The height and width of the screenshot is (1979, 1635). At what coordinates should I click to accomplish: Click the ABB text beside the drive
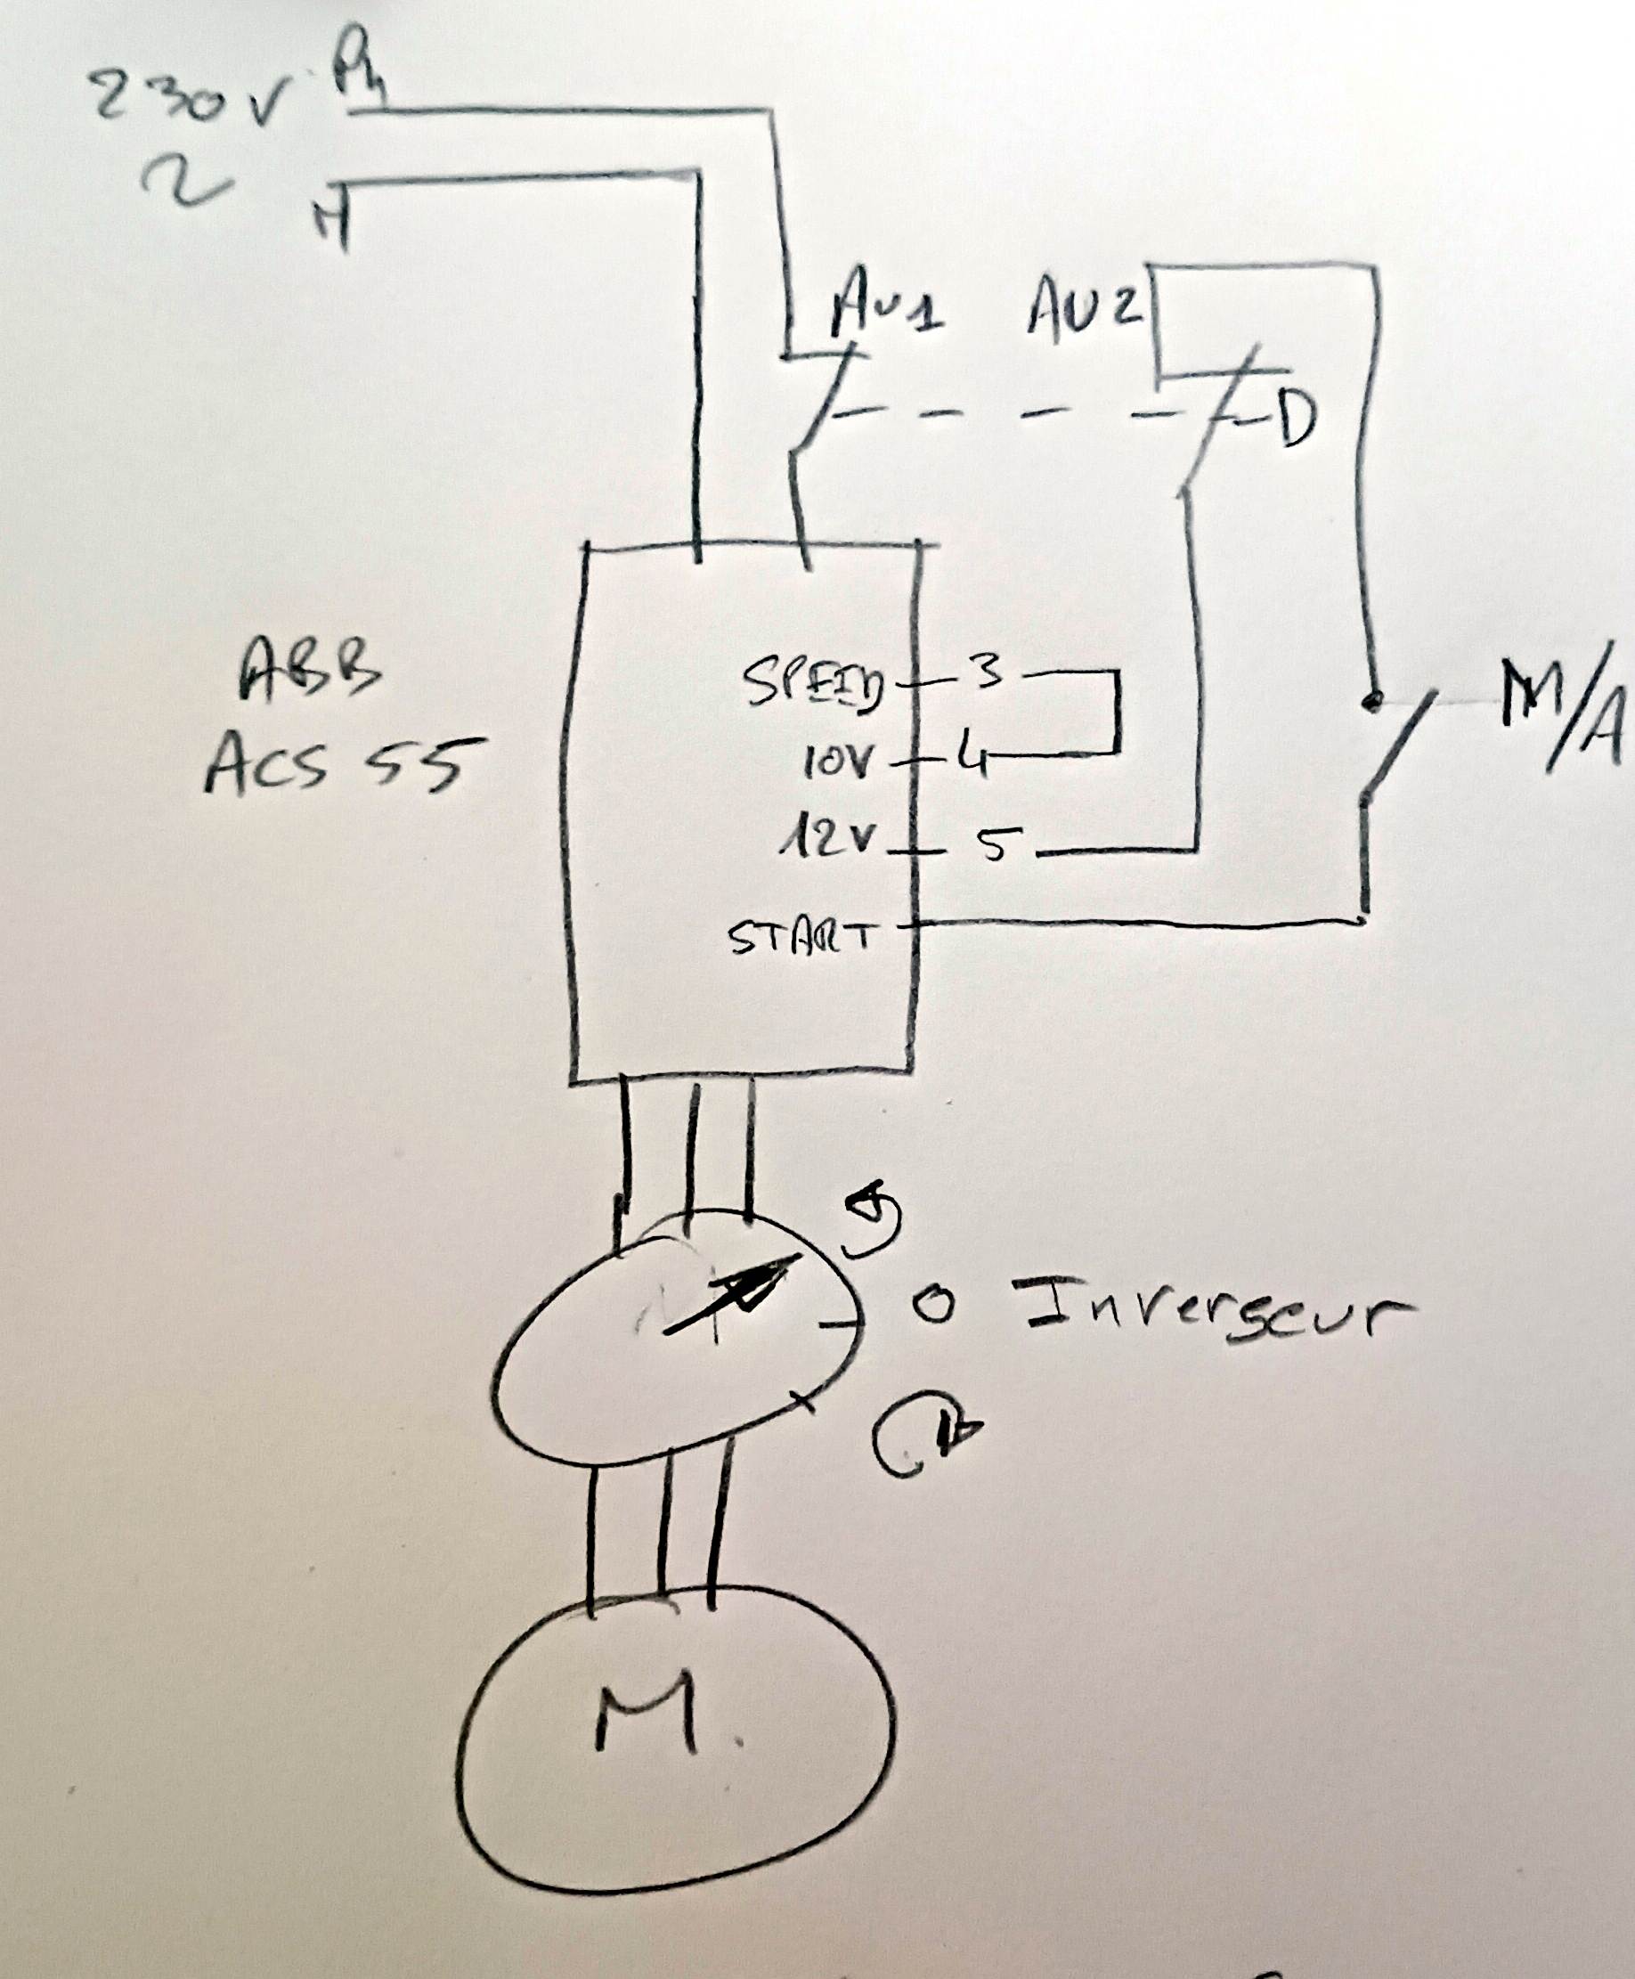310,672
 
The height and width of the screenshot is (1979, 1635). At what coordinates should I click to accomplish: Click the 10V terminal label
838,763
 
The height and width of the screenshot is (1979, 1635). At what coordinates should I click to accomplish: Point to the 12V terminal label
834,839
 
